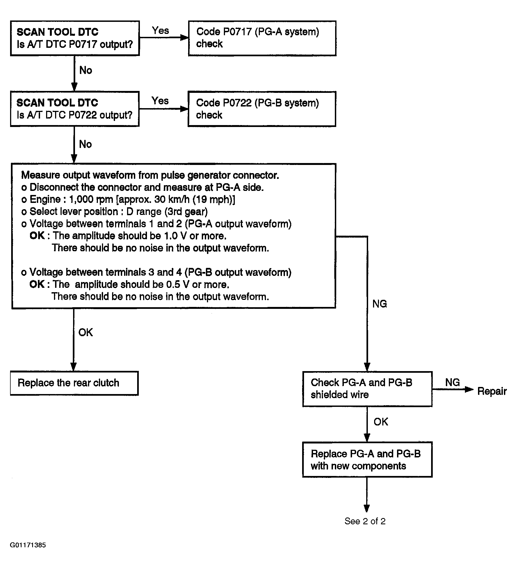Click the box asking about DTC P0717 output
coord(75,38)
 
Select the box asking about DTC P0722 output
coord(75,109)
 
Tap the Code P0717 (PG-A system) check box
coord(262,38)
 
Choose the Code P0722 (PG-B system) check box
coord(262,109)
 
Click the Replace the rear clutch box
coord(74,383)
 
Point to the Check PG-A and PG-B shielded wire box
coord(367,389)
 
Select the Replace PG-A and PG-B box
coord(367,460)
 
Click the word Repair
coord(492,391)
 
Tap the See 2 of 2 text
coord(365,521)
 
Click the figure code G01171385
coord(28,545)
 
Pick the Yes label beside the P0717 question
coord(160,30)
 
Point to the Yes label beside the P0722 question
coord(160,100)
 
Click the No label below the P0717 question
coord(86,70)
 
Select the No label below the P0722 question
coord(86,144)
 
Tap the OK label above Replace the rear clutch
coord(86,332)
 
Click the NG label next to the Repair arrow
coord(453,382)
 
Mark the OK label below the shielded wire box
coord(381,422)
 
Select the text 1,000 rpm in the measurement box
coord(91,199)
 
